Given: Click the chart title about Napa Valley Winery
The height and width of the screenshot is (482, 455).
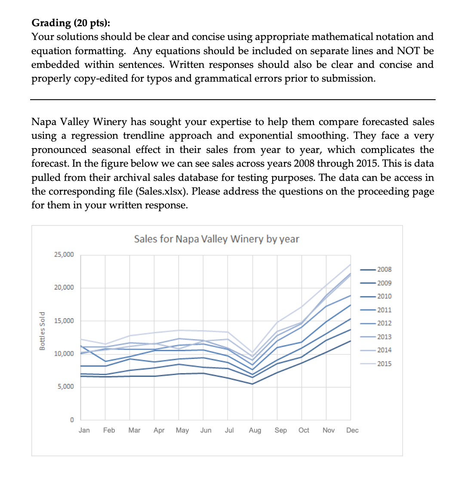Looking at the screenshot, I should coord(216,239).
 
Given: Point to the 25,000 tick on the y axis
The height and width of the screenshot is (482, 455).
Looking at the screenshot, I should coord(64,255).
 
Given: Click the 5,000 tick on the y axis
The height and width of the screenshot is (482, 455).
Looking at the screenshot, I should coord(65,387).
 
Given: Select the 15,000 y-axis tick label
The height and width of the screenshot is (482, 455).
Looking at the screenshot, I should coord(64,321).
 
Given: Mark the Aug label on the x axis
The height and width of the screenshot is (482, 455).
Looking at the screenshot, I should coord(255,430).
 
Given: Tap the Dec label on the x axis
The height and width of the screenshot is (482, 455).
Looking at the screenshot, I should coord(352,430).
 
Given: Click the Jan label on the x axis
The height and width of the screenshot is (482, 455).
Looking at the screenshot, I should coord(84,430).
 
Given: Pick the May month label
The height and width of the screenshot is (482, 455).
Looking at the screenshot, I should coord(182,430).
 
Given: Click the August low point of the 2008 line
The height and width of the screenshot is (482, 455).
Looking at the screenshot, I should coord(253,384).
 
